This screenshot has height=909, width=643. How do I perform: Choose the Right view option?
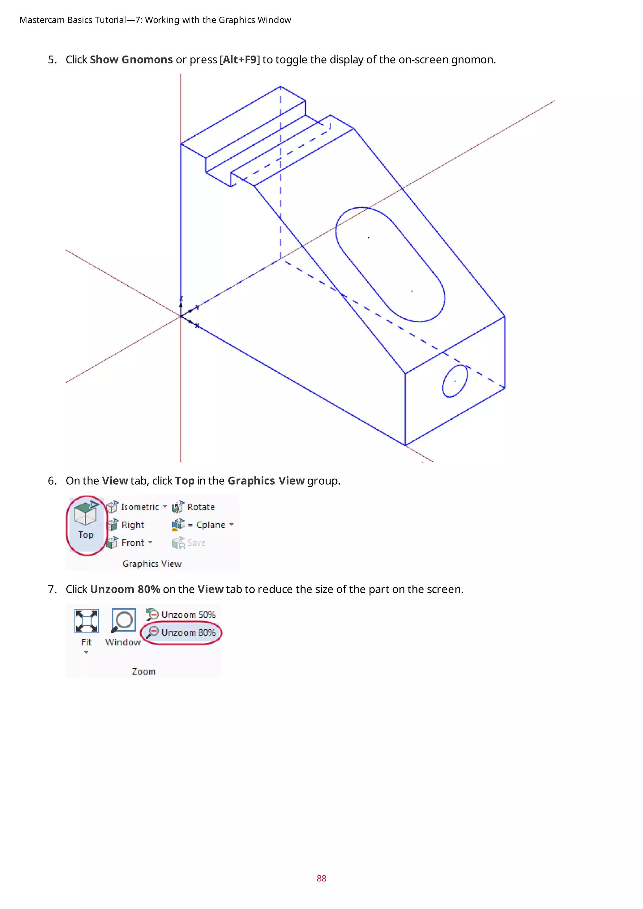tap(132, 525)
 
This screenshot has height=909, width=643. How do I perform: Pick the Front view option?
tap(132, 543)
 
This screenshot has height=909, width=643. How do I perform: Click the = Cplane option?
tap(210, 525)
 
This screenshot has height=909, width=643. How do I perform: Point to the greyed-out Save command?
tap(196, 543)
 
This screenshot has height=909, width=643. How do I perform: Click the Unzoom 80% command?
tap(188, 633)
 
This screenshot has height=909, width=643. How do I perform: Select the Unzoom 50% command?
tap(188, 615)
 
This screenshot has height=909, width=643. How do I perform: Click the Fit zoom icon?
tap(86, 621)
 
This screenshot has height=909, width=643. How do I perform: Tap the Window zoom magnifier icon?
tap(123, 620)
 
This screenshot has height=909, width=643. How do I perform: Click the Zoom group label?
tap(143, 671)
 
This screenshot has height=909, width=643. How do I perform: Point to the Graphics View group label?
tap(152, 564)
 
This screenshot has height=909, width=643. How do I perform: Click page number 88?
tap(321, 879)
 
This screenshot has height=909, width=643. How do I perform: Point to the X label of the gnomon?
tap(197, 326)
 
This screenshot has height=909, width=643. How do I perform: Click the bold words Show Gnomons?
tap(131, 60)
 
